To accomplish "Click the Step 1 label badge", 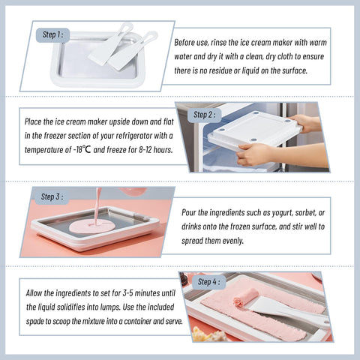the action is point(52,35).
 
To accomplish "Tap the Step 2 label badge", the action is point(204,115).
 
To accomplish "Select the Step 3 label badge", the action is point(52,197).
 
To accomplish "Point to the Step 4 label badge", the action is point(209,282).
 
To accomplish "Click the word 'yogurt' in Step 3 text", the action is point(282,213).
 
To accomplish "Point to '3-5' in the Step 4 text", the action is point(127,293).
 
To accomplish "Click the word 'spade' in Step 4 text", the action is point(34,322).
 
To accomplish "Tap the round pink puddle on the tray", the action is point(92,226).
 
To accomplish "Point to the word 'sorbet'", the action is point(305,213).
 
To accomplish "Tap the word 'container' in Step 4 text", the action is point(137,321).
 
